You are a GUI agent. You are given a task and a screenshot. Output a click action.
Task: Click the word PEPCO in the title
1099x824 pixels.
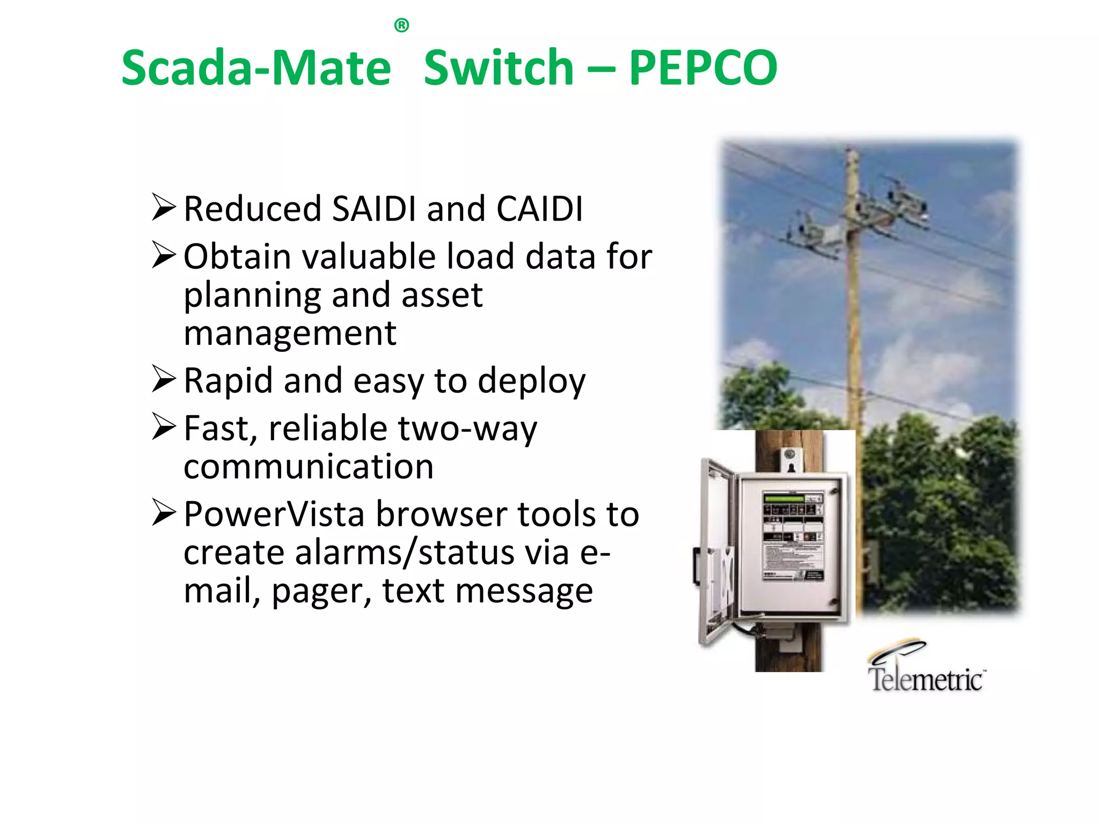coord(702,68)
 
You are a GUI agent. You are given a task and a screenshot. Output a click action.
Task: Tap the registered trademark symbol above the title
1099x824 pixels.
coord(401,25)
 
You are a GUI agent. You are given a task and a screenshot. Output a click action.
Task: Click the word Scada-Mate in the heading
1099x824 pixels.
coord(256,68)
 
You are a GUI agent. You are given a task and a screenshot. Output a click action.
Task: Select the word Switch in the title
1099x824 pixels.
coord(499,68)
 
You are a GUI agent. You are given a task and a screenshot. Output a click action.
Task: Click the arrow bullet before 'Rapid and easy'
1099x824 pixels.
coord(163,379)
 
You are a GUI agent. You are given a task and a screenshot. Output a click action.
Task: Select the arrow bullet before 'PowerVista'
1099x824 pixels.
coord(163,512)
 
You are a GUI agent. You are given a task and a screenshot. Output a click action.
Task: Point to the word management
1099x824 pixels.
coord(290,334)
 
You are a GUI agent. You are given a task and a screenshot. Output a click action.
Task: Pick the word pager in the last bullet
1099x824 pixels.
coord(321,592)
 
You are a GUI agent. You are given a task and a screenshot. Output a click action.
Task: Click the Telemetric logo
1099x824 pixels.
coord(925,668)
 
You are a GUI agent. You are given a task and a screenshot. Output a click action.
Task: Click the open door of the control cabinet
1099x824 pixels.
coord(716,553)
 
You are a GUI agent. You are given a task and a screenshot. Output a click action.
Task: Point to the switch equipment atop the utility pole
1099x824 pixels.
coord(859,215)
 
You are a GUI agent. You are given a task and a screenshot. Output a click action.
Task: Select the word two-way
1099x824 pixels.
coord(467,429)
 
